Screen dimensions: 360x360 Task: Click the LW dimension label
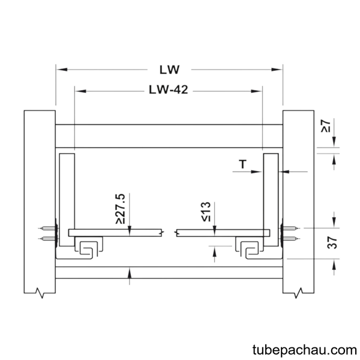[169, 70]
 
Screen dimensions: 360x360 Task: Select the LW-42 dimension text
[168, 89]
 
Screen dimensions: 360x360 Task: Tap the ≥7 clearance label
[326, 126]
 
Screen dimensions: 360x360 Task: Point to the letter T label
[242, 164]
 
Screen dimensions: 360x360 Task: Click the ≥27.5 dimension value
[121, 209]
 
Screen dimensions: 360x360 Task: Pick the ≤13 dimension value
[206, 212]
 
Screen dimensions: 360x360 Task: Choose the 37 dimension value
[332, 243]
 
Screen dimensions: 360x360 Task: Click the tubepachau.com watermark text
[305, 350]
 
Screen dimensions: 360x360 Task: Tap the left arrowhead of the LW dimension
[62, 70]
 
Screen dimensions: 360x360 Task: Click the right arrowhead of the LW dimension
[277, 70]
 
